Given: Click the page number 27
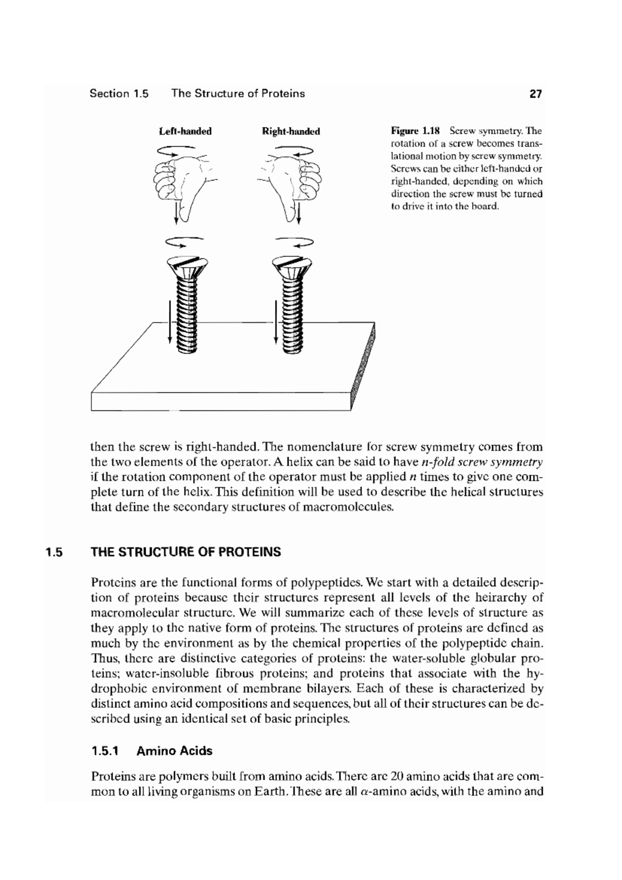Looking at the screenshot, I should coord(535,94).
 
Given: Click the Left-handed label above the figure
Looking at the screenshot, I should coord(185,131).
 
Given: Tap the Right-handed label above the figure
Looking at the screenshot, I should coord(291,131).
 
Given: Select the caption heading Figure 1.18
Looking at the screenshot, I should coord(415,131).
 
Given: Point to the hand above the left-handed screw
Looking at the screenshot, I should coord(182,179).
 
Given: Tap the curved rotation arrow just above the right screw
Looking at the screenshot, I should coord(294,241).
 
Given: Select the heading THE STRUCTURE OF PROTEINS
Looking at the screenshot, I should coord(186,552).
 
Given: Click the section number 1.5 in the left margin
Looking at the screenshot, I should coord(53,552).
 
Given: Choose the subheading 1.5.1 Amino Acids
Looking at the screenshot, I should coord(151,751).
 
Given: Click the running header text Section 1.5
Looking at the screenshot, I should coord(119,94).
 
